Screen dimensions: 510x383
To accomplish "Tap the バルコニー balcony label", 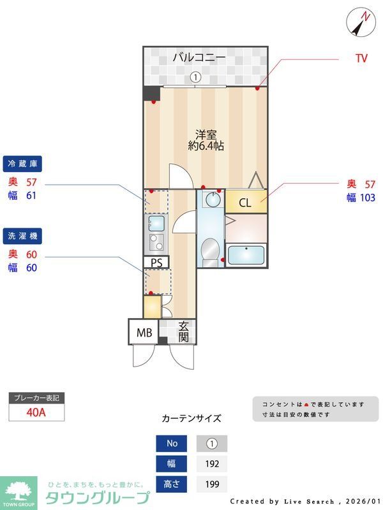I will click(x=199, y=58).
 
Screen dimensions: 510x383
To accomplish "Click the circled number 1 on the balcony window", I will click(x=196, y=77).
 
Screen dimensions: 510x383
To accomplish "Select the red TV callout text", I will click(x=361, y=59).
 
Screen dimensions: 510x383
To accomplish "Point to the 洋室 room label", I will click(x=206, y=135).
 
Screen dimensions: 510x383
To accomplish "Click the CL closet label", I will click(x=245, y=203).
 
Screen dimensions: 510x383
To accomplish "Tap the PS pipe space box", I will click(x=156, y=262).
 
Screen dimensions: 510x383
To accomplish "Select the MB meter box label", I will click(x=144, y=332).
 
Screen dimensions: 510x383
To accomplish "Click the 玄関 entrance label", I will click(x=183, y=331).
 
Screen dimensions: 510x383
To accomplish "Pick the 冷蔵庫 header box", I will click(x=22, y=164).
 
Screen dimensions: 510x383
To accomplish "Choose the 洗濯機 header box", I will click(x=22, y=236).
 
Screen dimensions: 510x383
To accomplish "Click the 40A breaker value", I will click(x=36, y=412).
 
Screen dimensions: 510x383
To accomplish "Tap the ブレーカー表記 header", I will click(x=36, y=398).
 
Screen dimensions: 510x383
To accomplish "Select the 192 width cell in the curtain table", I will click(x=211, y=464).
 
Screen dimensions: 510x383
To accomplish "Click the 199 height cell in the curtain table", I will click(x=211, y=484).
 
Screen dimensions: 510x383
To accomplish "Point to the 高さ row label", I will click(x=171, y=484).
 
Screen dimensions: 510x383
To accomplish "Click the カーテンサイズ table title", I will click(x=191, y=419).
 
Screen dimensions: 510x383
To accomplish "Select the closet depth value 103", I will click(x=367, y=198).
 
